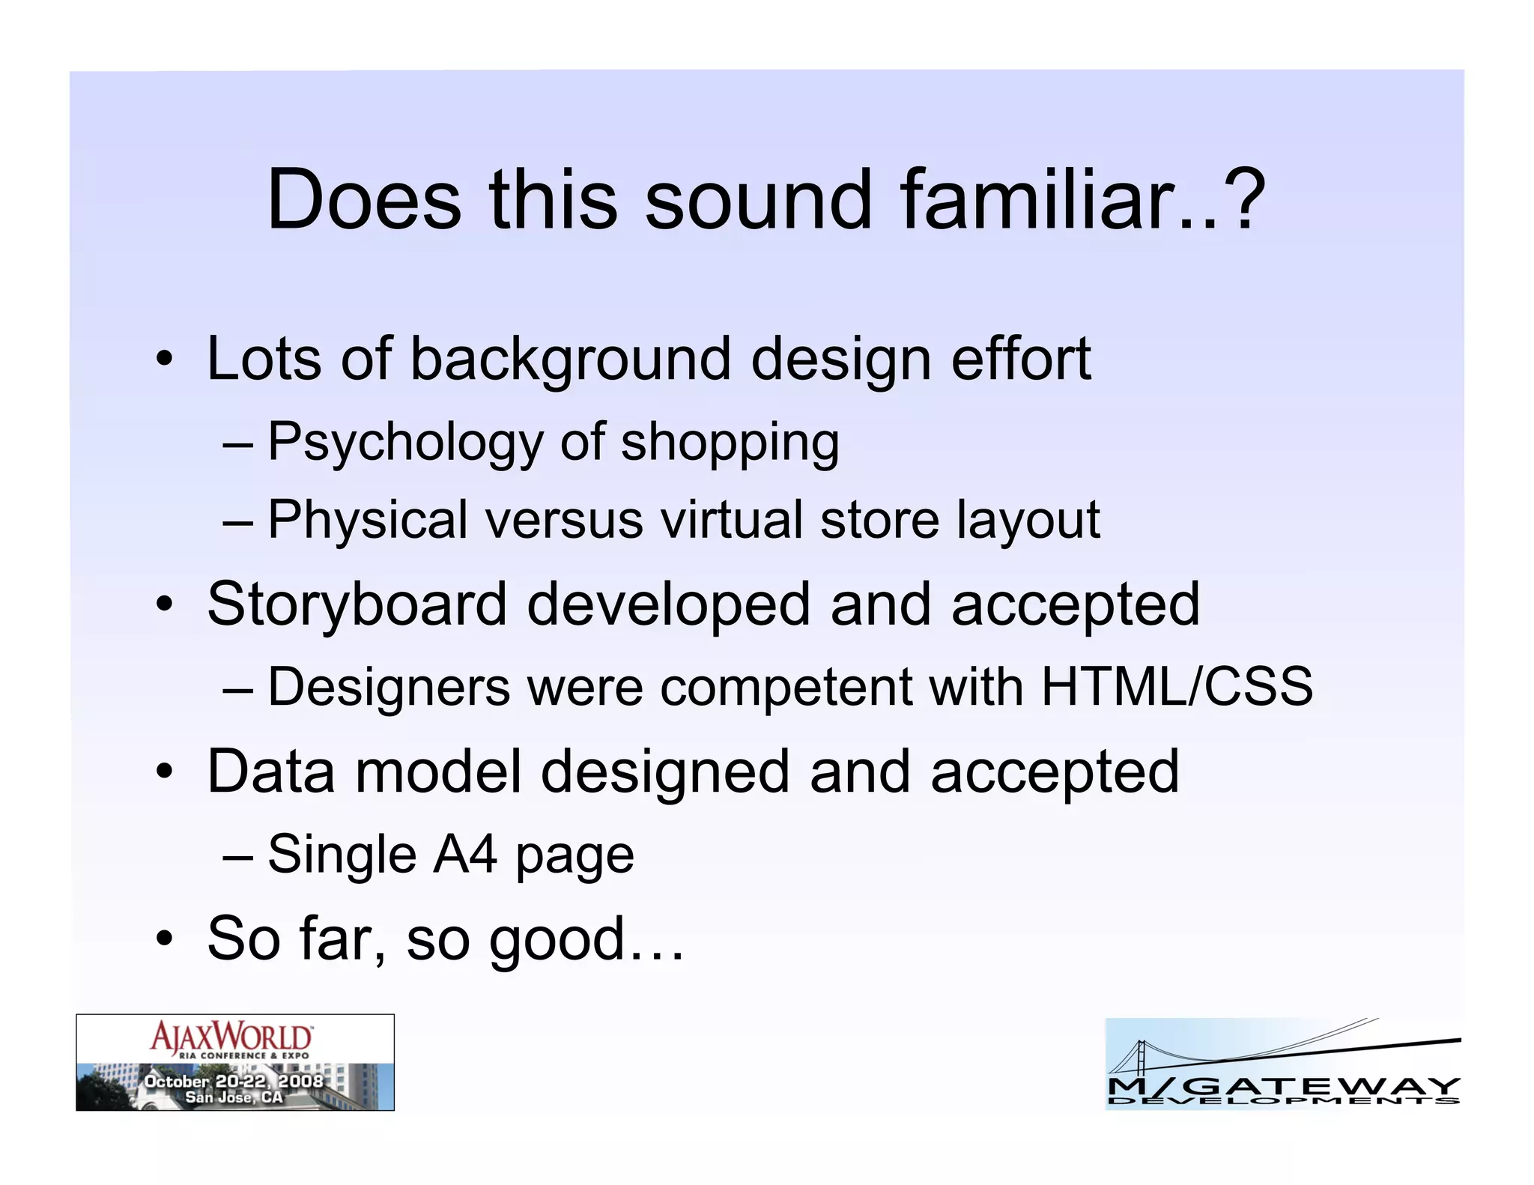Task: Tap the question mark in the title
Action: point(1244,200)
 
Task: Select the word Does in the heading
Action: point(364,200)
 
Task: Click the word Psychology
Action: point(404,443)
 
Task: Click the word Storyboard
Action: point(357,605)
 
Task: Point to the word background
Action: point(570,360)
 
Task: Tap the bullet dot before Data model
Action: point(165,773)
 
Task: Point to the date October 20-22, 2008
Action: point(234,1081)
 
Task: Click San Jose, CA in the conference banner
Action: point(234,1097)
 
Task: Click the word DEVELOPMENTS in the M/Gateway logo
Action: point(1283,1100)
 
